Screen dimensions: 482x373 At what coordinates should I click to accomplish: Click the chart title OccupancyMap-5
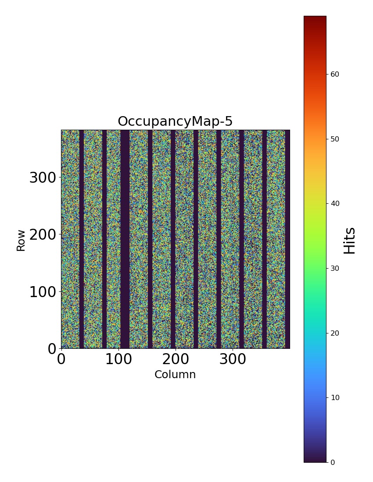coord(175,121)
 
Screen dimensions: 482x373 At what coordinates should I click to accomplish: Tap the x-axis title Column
coord(175,375)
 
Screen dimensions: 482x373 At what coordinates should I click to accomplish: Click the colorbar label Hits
coord(350,240)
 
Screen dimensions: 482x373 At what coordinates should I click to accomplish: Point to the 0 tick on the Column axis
coord(61,359)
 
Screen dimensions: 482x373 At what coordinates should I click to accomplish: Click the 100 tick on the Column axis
coord(118,359)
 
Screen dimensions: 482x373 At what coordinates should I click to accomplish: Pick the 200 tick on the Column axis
coord(176,359)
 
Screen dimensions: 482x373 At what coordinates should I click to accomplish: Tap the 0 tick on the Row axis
coord(52,349)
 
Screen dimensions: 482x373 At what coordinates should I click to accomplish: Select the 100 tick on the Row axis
coord(43,292)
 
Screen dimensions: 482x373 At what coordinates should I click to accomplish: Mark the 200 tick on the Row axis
coord(43,235)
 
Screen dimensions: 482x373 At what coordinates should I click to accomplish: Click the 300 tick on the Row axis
coord(43,178)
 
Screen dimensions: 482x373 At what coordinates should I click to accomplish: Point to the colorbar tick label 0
coord(333,462)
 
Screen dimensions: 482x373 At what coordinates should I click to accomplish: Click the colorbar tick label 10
coord(335,397)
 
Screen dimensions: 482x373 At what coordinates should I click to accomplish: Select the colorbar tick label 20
coord(335,333)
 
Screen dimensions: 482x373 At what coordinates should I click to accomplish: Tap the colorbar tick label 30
coord(335,268)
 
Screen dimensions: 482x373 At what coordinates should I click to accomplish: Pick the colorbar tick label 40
coord(335,203)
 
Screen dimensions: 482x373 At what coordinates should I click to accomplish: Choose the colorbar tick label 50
coord(335,139)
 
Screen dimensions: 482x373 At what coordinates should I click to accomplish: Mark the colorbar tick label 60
coord(335,74)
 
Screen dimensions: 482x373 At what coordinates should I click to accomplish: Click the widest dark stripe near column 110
coord(125,239)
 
